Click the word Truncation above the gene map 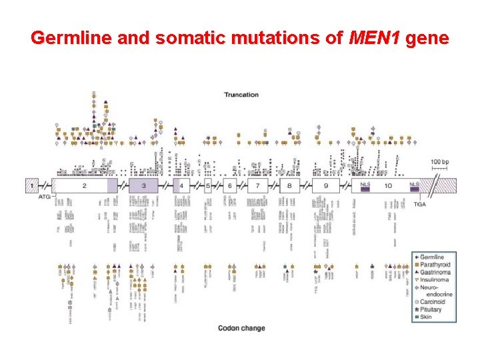pos(241,95)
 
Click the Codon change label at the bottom pos(241,328)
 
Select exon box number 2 pos(84,185)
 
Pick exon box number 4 pos(181,185)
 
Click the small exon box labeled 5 pos(208,185)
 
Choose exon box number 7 pos(257,185)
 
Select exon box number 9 pos(325,185)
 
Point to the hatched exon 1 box pos(31,185)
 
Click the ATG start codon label pos(43,197)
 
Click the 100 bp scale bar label pos(439,162)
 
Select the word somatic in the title pos(187,38)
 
